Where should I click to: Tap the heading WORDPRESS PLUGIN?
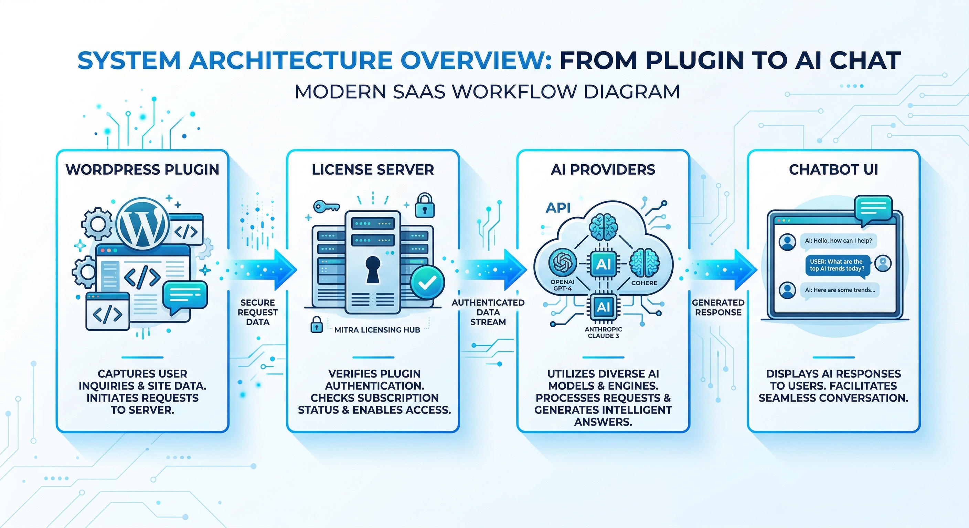[142, 170]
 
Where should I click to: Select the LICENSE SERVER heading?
[373, 170]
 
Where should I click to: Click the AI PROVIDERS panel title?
[603, 170]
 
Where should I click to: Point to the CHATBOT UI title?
[833, 170]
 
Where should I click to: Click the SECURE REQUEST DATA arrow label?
[258, 312]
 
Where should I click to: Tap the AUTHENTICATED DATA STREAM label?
[488, 312]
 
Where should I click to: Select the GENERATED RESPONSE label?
[718, 307]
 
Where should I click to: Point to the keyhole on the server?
[373, 269]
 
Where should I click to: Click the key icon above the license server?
[326, 206]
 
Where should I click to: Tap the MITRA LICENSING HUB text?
[377, 330]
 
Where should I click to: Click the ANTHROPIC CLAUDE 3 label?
[603, 333]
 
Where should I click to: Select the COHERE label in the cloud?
[644, 283]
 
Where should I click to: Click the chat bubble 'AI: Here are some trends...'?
[840, 290]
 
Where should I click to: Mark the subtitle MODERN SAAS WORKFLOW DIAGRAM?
[487, 92]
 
